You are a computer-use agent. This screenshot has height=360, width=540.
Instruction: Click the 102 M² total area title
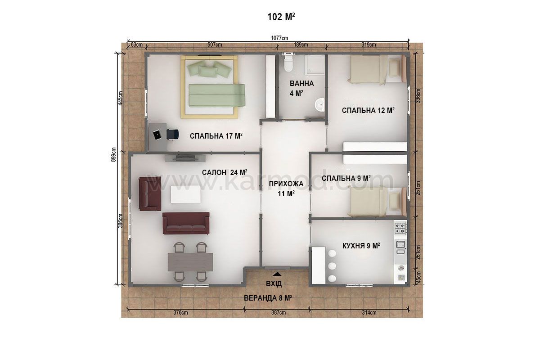tap(281, 17)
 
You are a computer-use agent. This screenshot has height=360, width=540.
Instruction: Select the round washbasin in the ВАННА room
tap(319, 105)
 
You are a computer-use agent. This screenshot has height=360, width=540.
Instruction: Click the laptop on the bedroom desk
tap(157, 135)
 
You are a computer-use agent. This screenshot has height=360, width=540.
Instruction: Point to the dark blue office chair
tap(173, 134)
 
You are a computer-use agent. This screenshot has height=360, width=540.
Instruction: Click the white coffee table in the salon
tap(185, 194)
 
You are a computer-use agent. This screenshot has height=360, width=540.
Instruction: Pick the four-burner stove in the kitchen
tap(400, 228)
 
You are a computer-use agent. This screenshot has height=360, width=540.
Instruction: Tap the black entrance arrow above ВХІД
tap(277, 274)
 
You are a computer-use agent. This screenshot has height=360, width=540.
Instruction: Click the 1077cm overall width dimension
tap(279, 38)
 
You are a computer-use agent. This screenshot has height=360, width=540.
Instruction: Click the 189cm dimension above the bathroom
tap(301, 45)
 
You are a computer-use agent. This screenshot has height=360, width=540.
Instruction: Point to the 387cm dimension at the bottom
tap(279, 312)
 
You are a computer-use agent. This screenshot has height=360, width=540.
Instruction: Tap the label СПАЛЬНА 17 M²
tap(216, 136)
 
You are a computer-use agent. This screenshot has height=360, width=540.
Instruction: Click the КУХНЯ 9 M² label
tap(361, 246)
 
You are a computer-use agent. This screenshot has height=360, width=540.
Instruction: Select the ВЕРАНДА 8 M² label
tap(268, 298)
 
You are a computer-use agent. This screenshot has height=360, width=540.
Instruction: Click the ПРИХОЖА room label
tap(286, 184)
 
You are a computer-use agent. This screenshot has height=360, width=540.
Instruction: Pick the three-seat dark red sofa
tap(186, 223)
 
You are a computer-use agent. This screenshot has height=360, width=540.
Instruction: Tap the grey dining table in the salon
tap(190, 262)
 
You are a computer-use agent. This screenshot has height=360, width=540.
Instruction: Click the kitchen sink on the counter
tap(400, 247)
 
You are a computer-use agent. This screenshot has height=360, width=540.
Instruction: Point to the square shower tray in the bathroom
tap(315, 65)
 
